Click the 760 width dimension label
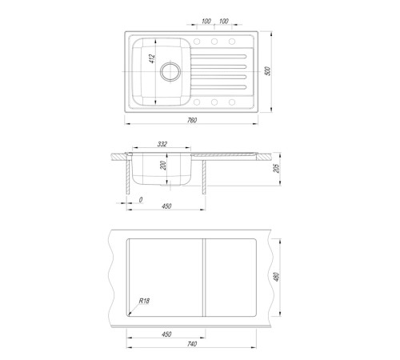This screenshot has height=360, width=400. [x=192, y=120]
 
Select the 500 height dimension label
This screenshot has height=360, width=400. [x=268, y=71]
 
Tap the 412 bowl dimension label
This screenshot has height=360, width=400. [x=152, y=58]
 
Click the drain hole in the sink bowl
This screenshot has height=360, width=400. [x=170, y=71]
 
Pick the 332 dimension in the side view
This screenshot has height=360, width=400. [x=162, y=144]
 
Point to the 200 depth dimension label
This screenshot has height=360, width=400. [x=163, y=166]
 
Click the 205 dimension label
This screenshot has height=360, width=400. [x=277, y=168]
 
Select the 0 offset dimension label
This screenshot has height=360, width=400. [x=141, y=200]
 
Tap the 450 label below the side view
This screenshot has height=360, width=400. [x=166, y=206]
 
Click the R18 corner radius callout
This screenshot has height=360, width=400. [x=144, y=301]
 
